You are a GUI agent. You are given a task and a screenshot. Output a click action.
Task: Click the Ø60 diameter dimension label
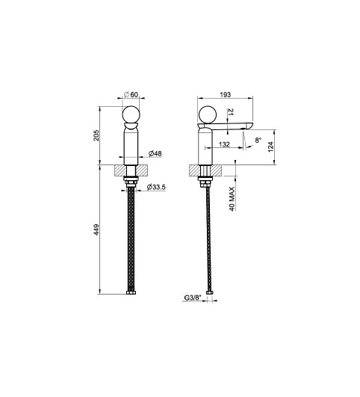coord(131,94)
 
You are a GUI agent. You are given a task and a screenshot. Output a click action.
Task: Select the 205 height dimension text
coord(96,135)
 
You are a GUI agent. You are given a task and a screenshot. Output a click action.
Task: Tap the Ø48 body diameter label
coord(155,153)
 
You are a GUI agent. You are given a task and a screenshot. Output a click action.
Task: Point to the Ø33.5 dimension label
coord(156,187)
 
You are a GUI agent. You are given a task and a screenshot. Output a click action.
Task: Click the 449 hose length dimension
coord(96,230)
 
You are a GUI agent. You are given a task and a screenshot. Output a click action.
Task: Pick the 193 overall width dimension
coord(226,94)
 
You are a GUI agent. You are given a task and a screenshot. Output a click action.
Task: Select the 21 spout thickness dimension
coord(231,112)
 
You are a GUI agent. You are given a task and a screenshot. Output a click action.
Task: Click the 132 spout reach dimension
coord(224,144)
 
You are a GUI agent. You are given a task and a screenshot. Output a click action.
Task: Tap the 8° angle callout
coord(258,140)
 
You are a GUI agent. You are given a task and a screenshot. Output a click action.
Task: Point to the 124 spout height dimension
coord(270,147)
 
